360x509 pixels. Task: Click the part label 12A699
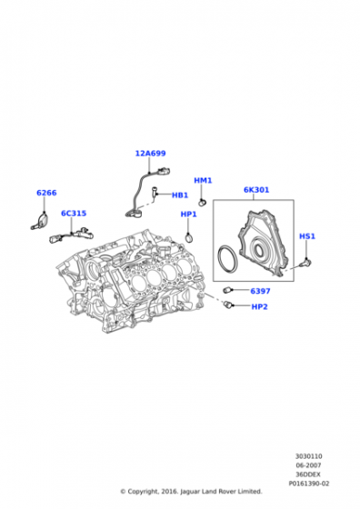pyautogui.click(x=150, y=154)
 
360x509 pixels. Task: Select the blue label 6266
pyautogui.click(x=46, y=193)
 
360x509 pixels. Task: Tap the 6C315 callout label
pyautogui.click(x=74, y=214)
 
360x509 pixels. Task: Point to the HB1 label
pyautogui.click(x=180, y=195)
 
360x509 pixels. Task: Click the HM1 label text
pyautogui.click(x=203, y=180)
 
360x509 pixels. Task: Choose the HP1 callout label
pyautogui.click(x=188, y=215)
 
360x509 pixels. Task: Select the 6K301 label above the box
pyautogui.click(x=256, y=190)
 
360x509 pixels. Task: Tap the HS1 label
pyautogui.click(x=307, y=236)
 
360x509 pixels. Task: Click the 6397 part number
pyautogui.click(x=260, y=291)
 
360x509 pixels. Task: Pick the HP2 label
pyautogui.click(x=259, y=307)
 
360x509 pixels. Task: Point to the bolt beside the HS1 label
pyautogui.click(x=306, y=262)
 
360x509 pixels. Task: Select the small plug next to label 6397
pyautogui.click(x=227, y=290)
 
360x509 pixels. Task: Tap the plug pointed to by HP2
pyautogui.click(x=228, y=304)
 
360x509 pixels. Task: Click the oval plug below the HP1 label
pyautogui.click(x=189, y=237)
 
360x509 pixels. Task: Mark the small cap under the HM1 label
pyautogui.click(x=203, y=203)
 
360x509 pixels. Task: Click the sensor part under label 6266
pyautogui.click(x=40, y=221)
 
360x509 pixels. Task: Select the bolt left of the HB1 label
pyautogui.click(x=154, y=192)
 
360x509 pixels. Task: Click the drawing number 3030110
pyautogui.click(x=309, y=456)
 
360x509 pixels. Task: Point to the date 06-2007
pyautogui.click(x=308, y=465)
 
